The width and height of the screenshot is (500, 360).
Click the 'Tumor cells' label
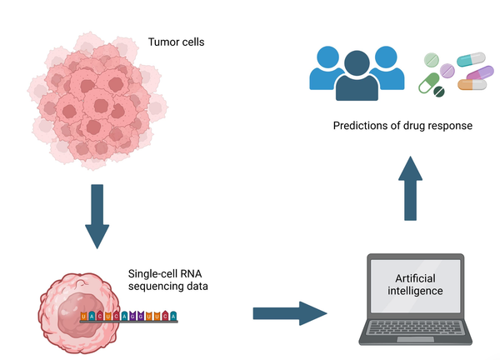click(x=177, y=41)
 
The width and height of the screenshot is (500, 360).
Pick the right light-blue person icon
click(x=385, y=67)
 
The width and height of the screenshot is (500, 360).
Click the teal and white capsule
click(x=472, y=59)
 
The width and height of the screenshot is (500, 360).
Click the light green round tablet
click(x=432, y=59)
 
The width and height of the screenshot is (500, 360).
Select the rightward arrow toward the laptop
click(x=288, y=314)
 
